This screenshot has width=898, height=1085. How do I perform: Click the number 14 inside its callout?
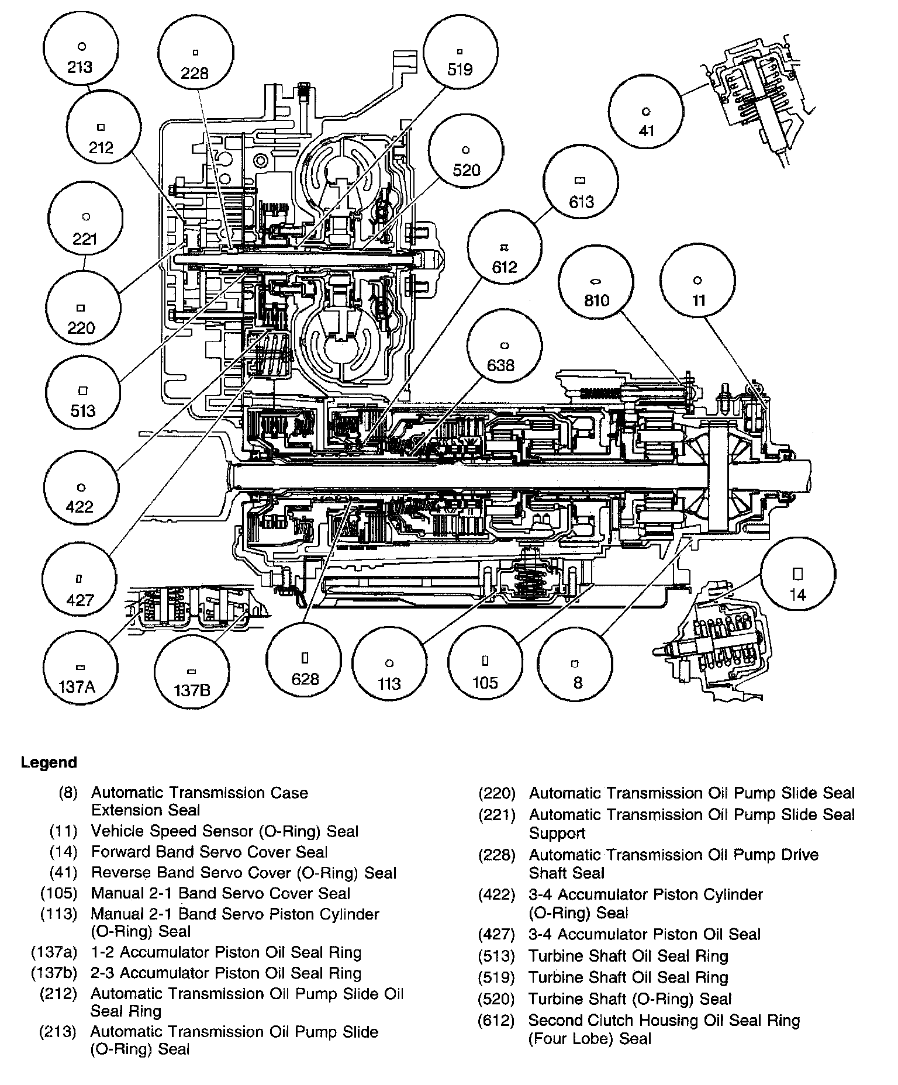[x=798, y=595]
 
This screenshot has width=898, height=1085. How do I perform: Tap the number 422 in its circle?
[x=80, y=506]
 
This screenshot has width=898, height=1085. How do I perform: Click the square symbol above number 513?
[x=83, y=391]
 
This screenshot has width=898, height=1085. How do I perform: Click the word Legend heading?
[x=49, y=763]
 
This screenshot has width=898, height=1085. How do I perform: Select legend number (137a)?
[x=54, y=952]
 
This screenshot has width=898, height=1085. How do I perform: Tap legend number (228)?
[x=497, y=855]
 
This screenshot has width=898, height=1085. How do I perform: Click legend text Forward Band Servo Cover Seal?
[x=209, y=852]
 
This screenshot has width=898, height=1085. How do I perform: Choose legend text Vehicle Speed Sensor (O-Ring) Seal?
[x=224, y=831]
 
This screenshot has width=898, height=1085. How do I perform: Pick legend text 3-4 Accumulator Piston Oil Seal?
[x=644, y=934]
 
